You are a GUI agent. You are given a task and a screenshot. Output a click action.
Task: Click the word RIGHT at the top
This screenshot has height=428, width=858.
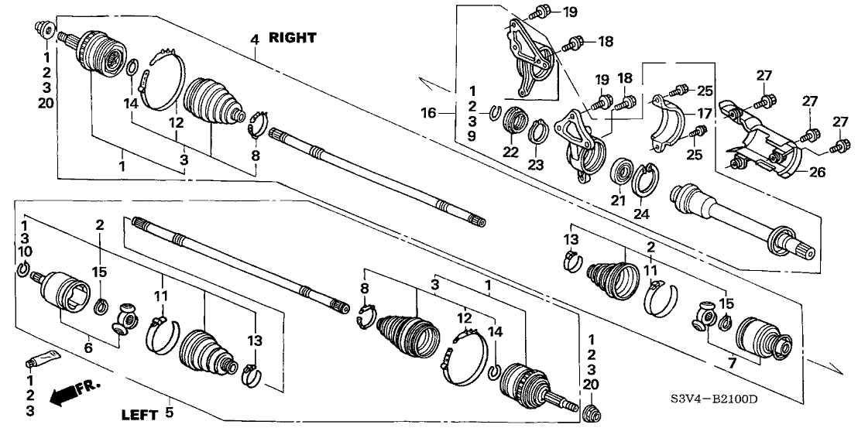[x=292, y=38]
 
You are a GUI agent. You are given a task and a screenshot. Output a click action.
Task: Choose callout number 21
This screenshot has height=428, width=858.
[x=618, y=200]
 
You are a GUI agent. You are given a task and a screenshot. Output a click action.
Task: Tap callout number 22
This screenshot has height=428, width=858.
[x=510, y=152]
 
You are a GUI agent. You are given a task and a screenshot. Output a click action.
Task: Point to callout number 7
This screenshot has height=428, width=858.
[x=732, y=363]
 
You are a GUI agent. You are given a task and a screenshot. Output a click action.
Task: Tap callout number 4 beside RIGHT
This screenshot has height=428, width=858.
[x=254, y=39]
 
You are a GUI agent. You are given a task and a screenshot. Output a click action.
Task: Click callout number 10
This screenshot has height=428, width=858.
[x=26, y=252]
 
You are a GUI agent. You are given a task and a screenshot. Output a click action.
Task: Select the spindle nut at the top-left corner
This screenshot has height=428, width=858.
[x=44, y=28]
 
